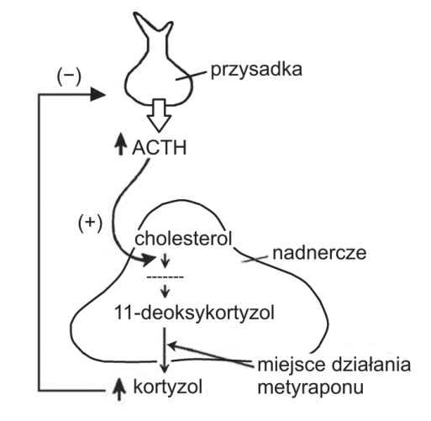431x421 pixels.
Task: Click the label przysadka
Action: tap(256, 70)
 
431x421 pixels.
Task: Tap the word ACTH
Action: tap(159, 148)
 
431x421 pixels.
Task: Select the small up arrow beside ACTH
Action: tap(121, 144)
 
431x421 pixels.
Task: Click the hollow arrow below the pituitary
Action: tap(159, 115)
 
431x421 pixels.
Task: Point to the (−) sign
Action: tap(69, 77)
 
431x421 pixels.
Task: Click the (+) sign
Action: tap(90, 224)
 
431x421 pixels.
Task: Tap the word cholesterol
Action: tap(183, 239)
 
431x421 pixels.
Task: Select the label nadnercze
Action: tap(319, 253)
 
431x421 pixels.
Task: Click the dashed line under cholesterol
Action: tap(166, 277)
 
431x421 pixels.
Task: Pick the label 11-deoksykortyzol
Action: tap(194, 313)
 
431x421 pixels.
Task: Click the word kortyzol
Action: tap(168, 387)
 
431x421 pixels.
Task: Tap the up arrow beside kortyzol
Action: tap(119, 389)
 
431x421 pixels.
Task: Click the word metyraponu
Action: tap(310, 388)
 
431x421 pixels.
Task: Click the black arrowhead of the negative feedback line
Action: tap(98, 95)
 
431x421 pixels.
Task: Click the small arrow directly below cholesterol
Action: tap(166, 260)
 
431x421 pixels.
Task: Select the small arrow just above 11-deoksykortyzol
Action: tap(166, 292)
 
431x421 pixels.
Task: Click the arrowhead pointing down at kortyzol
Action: tap(165, 367)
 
